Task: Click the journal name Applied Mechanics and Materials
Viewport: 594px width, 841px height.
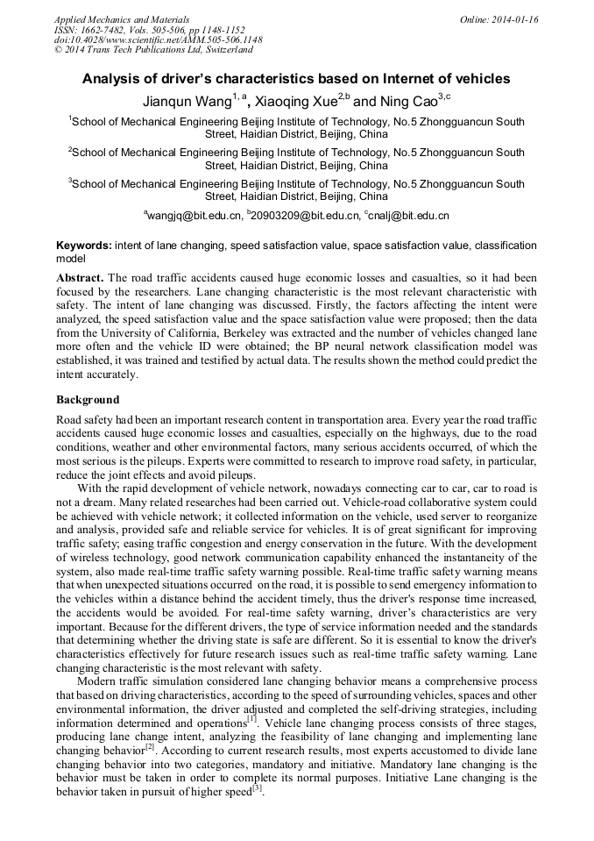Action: [122, 18]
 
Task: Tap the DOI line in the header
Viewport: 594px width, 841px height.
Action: [158, 39]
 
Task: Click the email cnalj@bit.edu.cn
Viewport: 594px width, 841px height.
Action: [410, 215]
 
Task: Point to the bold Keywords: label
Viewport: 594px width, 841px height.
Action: [84, 246]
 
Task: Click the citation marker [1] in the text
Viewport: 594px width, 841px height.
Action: [251, 718]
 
